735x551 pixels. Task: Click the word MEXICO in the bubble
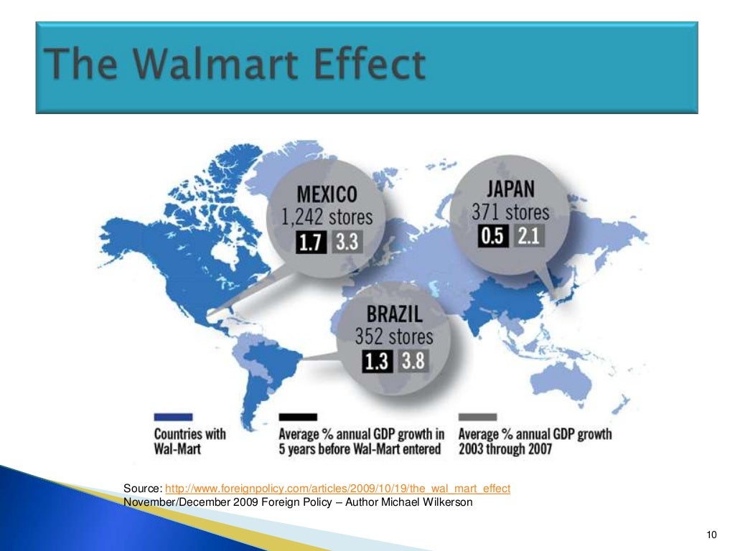click(x=327, y=194)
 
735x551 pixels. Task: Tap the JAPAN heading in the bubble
click(x=510, y=189)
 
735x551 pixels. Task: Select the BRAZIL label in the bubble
click(x=394, y=314)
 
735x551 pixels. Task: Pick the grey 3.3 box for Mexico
click(x=346, y=241)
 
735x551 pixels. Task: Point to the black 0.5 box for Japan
click(x=493, y=236)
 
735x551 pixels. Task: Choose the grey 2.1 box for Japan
click(x=528, y=236)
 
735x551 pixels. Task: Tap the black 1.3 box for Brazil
click(x=376, y=362)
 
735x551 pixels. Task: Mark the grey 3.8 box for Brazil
click(x=412, y=361)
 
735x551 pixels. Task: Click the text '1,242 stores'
click(x=327, y=216)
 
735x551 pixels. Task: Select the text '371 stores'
click(x=510, y=212)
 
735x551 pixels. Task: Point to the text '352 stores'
click(x=394, y=336)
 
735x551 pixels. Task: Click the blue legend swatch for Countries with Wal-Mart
click(x=173, y=416)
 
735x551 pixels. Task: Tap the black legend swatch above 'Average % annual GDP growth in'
click(x=298, y=416)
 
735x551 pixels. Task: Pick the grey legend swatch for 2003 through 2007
click(x=478, y=416)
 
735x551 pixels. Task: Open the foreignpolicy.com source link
click(x=337, y=489)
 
